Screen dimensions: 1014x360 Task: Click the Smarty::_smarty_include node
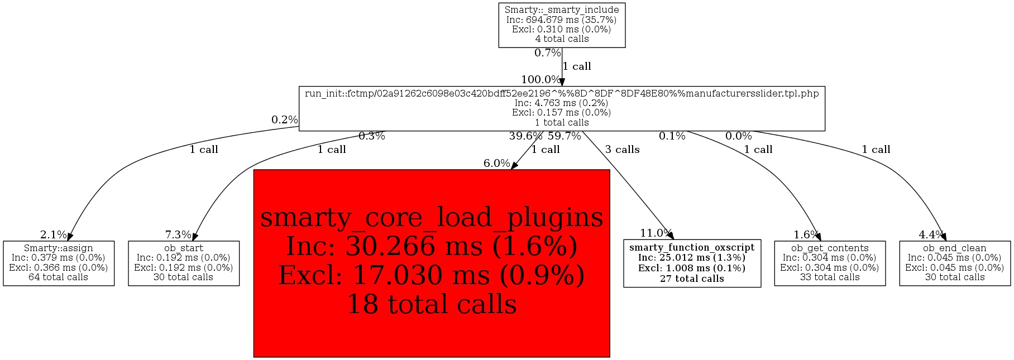(562, 25)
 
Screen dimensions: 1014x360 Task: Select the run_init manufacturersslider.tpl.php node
(562, 108)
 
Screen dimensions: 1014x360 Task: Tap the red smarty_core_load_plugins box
(432, 263)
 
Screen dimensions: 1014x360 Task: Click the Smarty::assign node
(59, 263)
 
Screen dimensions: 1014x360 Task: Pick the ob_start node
(184, 263)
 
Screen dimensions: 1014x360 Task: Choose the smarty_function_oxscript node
(692, 263)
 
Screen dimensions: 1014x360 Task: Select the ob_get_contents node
(830, 263)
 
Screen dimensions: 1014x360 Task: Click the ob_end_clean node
(955, 263)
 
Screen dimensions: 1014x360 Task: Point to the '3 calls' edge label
(623, 150)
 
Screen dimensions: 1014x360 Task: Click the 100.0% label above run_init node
(541, 80)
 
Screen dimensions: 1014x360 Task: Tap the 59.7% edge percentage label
(565, 136)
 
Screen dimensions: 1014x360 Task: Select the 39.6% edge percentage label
(525, 136)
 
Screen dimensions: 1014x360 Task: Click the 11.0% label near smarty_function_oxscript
(656, 233)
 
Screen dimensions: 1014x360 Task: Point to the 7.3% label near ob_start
(178, 235)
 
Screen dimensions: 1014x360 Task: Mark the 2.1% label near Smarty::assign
(54, 235)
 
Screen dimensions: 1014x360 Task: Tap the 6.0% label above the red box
(497, 164)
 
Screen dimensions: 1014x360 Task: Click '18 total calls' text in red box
(432, 304)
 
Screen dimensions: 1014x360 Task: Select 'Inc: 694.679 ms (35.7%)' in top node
(562, 20)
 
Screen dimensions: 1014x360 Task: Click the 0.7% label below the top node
(548, 53)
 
